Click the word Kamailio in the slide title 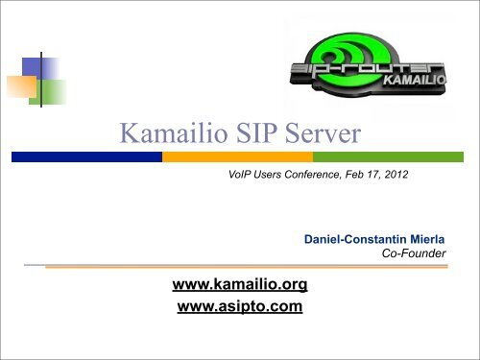click(x=174, y=132)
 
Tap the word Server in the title click(x=323, y=132)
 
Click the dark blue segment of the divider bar click(x=86, y=156)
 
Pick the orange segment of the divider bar click(x=237, y=156)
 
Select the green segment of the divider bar click(x=388, y=156)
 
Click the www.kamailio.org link click(x=240, y=284)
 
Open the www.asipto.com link click(x=240, y=306)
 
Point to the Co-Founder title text click(x=414, y=253)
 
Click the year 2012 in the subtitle click(x=396, y=175)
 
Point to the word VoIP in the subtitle click(x=239, y=175)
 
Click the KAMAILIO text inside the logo click(x=415, y=80)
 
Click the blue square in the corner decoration click(x=40, y=68)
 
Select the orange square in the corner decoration click(x=22, y=86)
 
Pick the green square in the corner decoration click(x=48, y=92)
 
